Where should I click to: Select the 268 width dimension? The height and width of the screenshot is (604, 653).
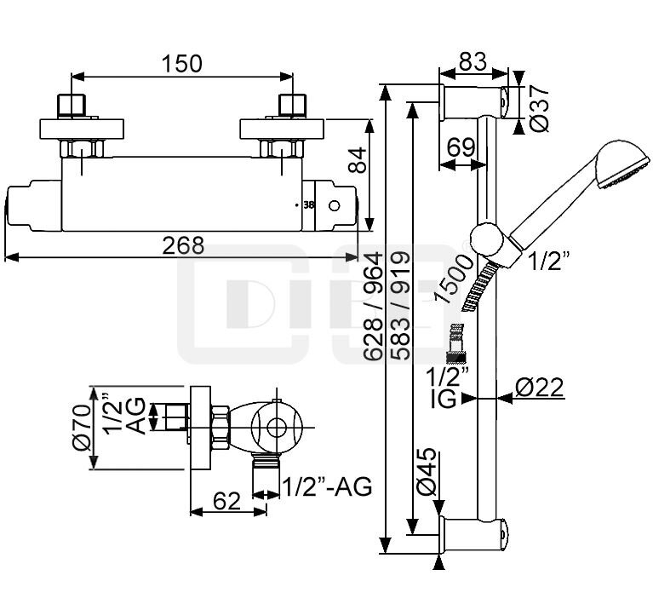tap(184, 245)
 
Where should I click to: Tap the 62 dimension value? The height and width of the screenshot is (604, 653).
tap(226, 503)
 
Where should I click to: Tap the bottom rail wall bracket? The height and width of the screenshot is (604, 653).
tap(474, 535)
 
